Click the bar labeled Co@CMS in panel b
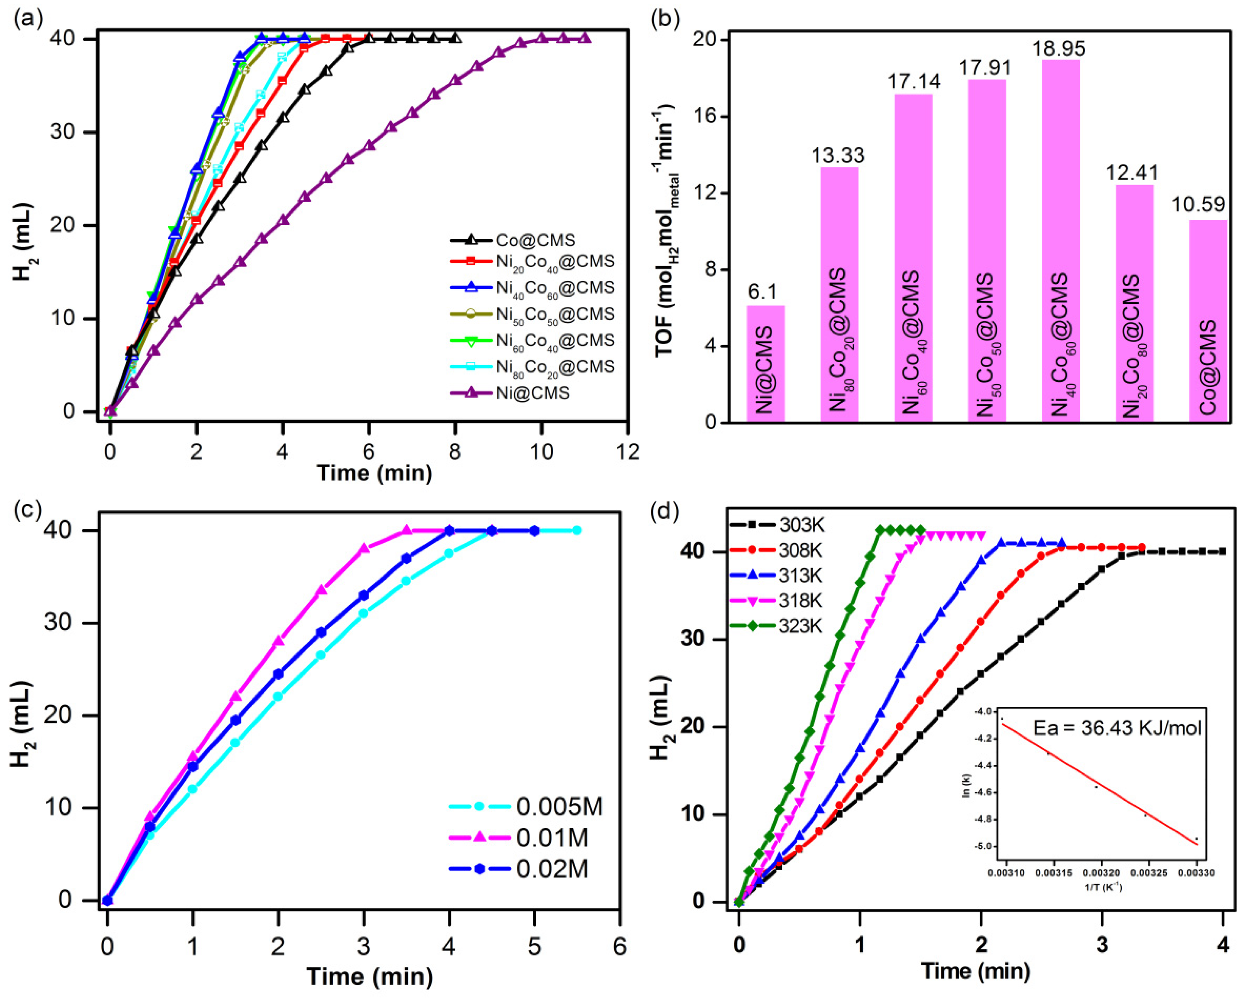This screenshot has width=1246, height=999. point(1208,321)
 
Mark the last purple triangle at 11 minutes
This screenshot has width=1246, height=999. point(585,38)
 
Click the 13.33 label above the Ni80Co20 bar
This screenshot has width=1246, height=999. point(837,155)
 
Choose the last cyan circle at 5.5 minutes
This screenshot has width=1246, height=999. point(577,530)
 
